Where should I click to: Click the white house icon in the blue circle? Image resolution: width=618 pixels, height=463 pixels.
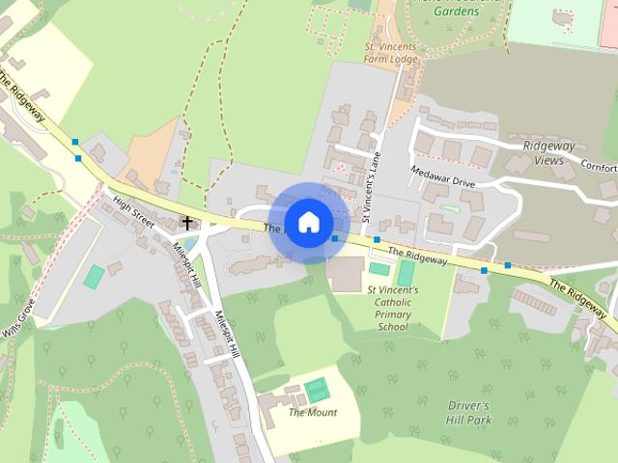308,223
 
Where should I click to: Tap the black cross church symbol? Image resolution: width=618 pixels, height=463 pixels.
186,223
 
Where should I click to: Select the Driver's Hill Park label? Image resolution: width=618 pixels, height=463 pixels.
470,412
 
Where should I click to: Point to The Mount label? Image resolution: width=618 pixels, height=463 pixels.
313,413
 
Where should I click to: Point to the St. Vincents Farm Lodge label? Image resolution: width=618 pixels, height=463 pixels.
390,52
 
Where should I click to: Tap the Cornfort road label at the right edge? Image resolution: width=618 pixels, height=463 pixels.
598,167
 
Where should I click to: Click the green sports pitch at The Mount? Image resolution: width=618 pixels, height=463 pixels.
316,391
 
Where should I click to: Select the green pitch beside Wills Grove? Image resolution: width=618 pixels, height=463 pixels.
94,277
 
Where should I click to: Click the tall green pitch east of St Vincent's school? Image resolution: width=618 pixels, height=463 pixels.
407,274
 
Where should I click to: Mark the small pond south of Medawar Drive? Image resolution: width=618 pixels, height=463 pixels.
447,207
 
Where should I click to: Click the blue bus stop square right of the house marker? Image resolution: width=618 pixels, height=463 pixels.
334,237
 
